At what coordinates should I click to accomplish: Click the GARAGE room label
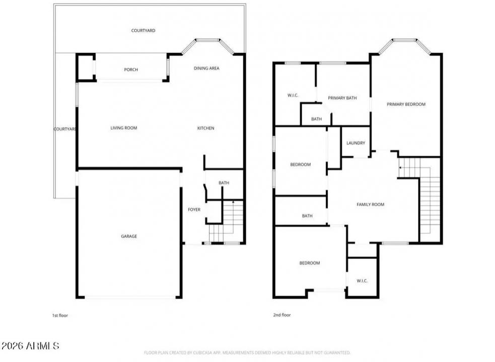pos(128,236)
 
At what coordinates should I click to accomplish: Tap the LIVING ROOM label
pos(124,128)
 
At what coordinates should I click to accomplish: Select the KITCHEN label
pos(205,128)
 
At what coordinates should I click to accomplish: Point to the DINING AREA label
pos(206,68)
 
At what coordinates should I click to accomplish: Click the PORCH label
pos(131,70)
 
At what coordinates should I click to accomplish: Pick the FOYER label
pos(194,210)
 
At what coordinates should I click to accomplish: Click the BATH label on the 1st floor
pos(224,183)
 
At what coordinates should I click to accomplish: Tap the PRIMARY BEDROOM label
pos(406,105)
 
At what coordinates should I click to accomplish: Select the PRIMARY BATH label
pos(342,98)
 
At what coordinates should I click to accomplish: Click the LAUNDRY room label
pos(356,143)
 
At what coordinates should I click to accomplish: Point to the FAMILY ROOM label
pos(370,205)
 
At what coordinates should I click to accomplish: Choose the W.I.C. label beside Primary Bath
pos(294,95)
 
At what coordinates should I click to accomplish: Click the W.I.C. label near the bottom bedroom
pos(362,281)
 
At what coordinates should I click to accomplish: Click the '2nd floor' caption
pos(281,315)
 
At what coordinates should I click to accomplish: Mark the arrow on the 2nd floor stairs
pos(400,167)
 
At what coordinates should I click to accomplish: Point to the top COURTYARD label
pos(143,31)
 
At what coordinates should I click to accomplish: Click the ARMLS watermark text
pos(30,346)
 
